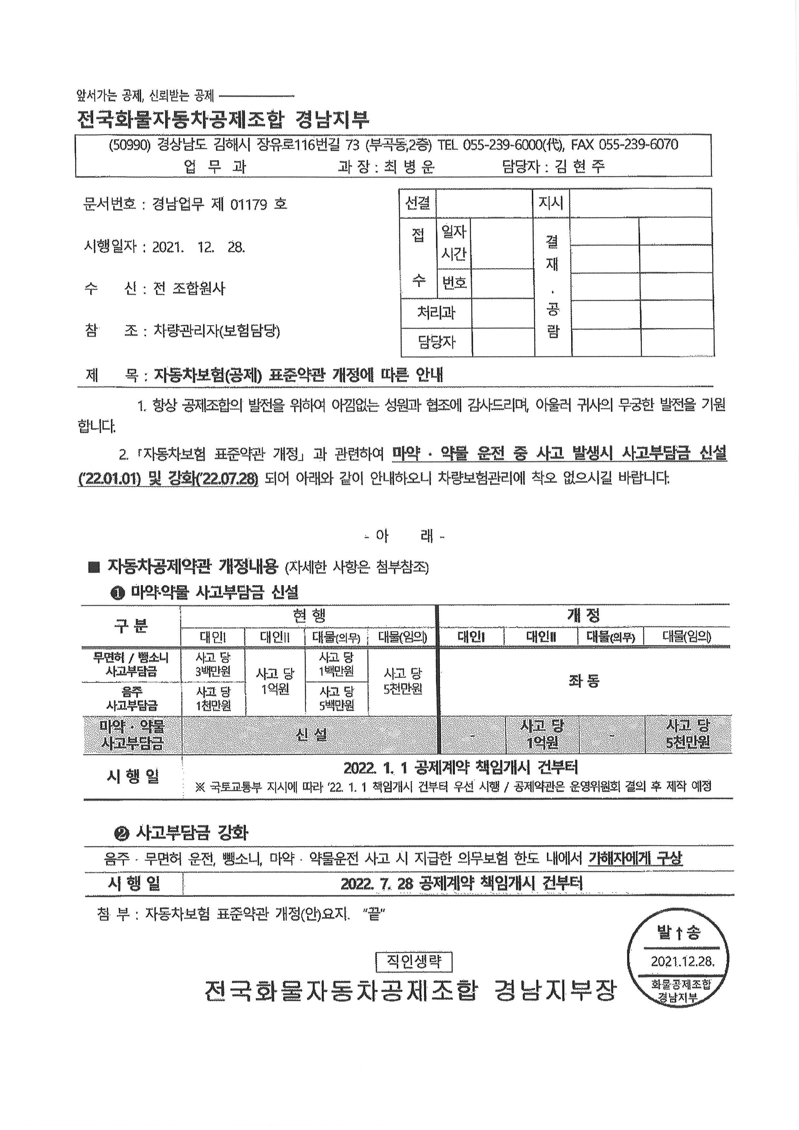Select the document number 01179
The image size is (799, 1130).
(248, 204)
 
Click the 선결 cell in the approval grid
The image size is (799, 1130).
(418, 203)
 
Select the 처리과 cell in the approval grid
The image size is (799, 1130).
(436, 313)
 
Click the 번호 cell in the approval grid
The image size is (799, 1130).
(454, 283)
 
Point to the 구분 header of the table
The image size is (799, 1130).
(130, 625)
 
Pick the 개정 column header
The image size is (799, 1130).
(583, 615)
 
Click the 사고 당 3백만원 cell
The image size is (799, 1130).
(213, 664)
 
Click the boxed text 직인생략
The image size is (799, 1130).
(413, 961)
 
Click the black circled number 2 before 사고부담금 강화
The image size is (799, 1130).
(121, 833)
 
